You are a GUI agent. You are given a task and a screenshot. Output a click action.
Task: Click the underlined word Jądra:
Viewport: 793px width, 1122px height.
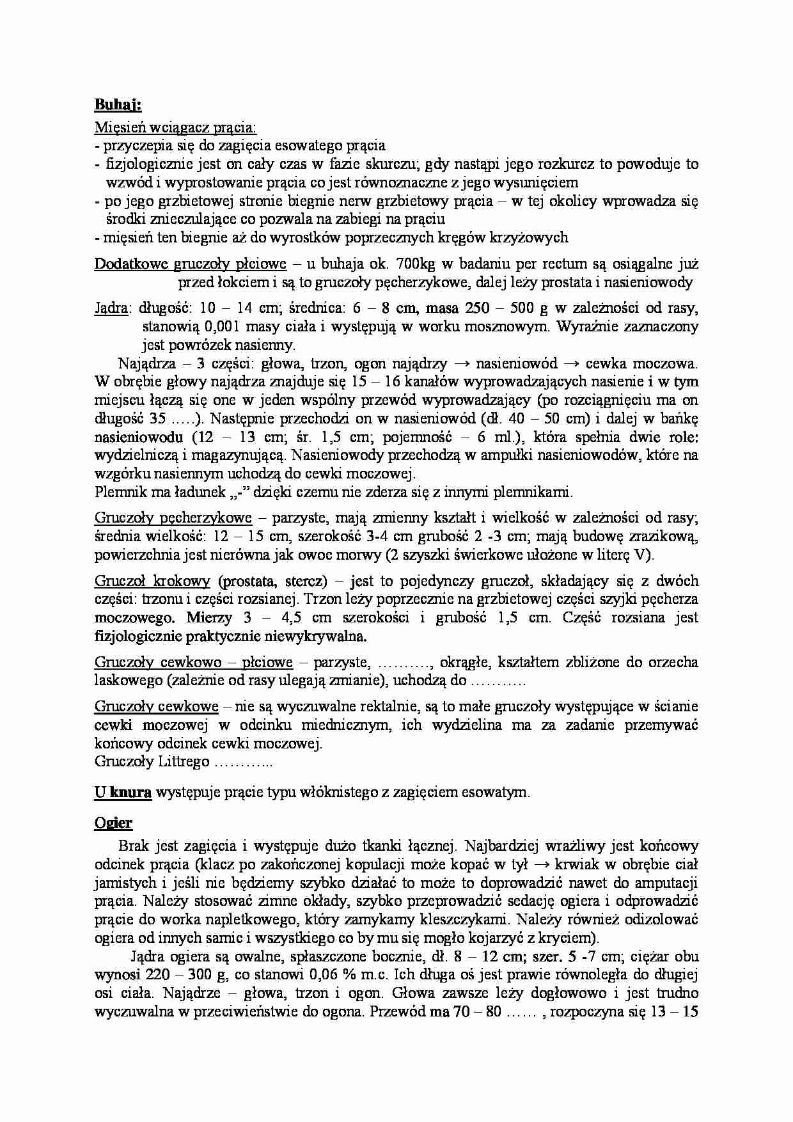click(x=111, y=308)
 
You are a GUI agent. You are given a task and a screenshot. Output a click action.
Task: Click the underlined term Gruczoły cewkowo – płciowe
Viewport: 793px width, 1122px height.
click(x=193, y=662)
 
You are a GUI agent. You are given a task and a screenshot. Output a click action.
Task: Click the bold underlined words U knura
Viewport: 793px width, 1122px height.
click(x=123, y=793)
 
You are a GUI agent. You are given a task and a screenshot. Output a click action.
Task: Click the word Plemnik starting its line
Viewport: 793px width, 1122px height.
click(x=118, y=493)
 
